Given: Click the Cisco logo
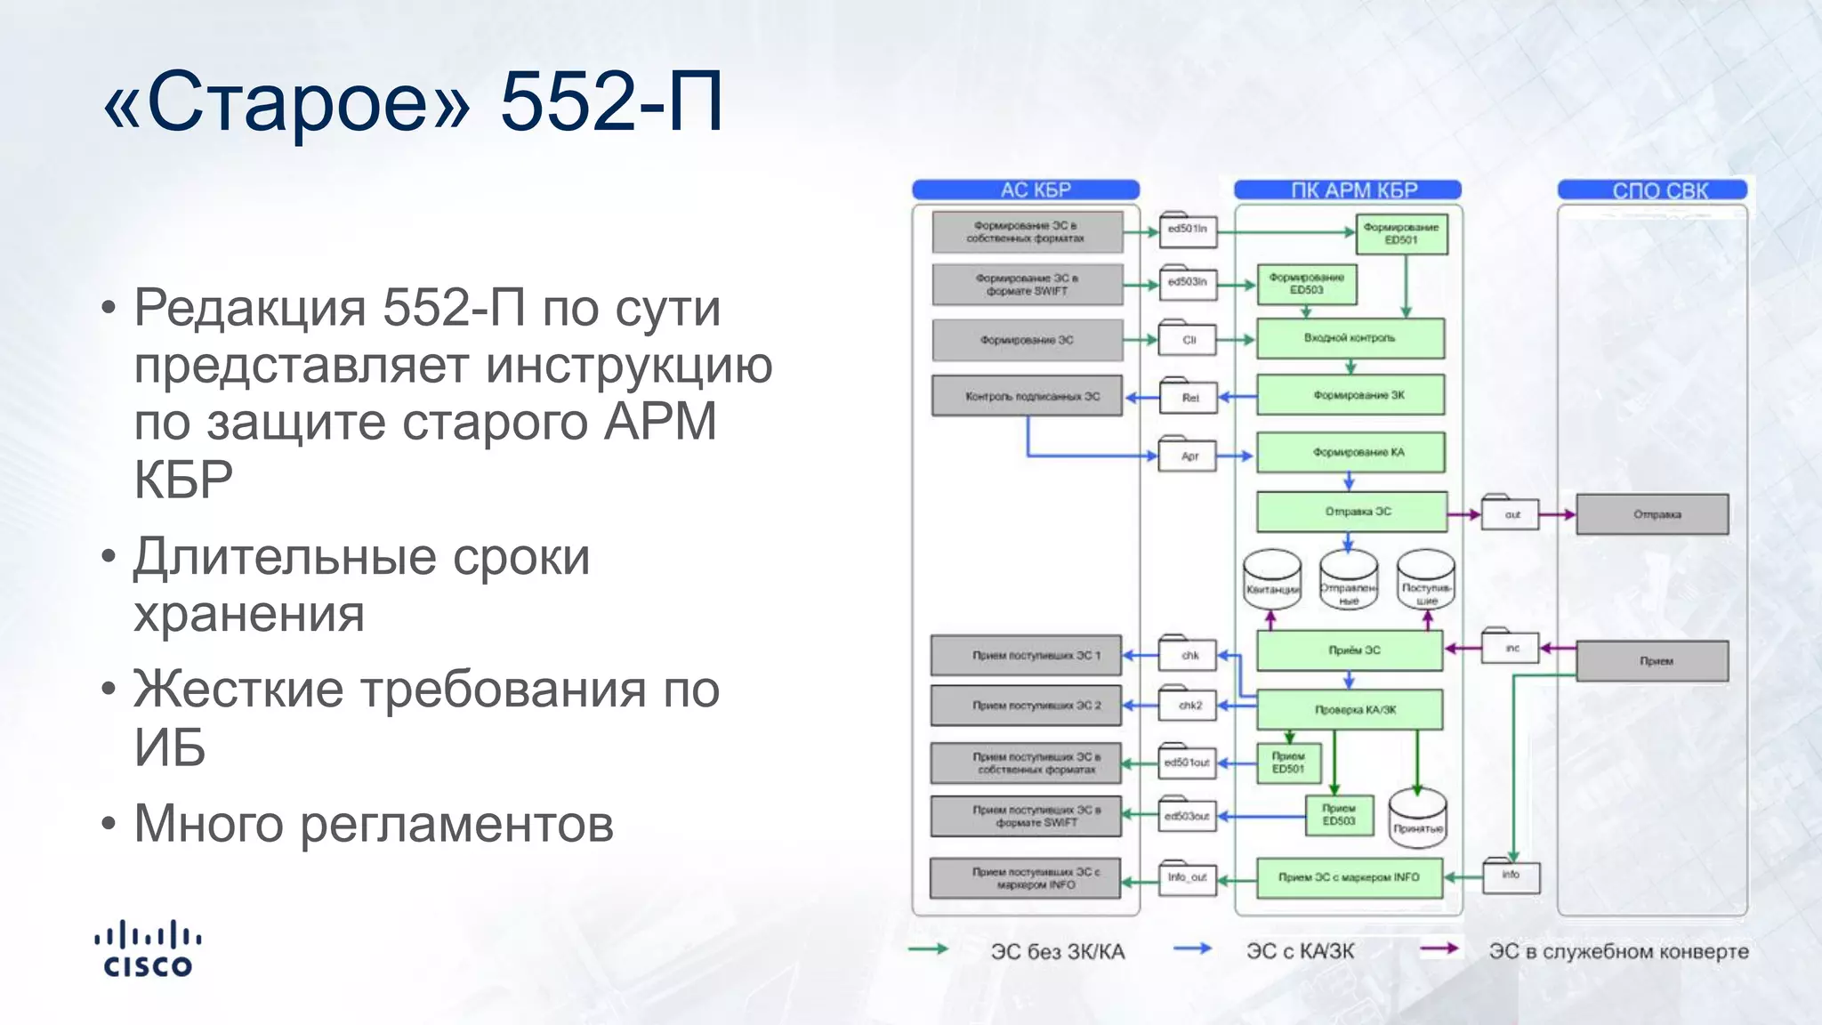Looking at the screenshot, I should point(148,949).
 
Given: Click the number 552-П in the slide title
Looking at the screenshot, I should point(611,101).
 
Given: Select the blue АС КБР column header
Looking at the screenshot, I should point(1026,190).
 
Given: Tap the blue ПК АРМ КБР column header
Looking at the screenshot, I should point(1348,190).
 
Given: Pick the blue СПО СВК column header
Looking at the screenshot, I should point(1653,190).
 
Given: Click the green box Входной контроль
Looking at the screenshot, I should point(1350,339).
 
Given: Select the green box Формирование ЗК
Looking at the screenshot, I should point(1350,395).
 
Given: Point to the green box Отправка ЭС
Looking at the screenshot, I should point(1351,512).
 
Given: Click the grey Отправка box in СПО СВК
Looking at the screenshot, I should point(1652,514).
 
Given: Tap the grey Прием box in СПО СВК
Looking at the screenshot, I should point(1652,661).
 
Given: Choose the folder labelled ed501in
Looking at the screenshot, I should point(1188,230).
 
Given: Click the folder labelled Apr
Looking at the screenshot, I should point(1188,455).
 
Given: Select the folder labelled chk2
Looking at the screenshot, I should point(1188,705).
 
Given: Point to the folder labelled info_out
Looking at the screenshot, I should point(1188,877).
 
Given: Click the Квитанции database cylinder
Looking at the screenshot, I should point(1272,580).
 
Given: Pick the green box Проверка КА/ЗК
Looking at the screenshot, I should point(1350,710).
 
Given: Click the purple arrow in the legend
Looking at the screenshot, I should point(1439,948).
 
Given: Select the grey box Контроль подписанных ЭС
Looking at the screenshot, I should point(1028,396).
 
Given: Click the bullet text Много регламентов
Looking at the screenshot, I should point(374,824).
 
